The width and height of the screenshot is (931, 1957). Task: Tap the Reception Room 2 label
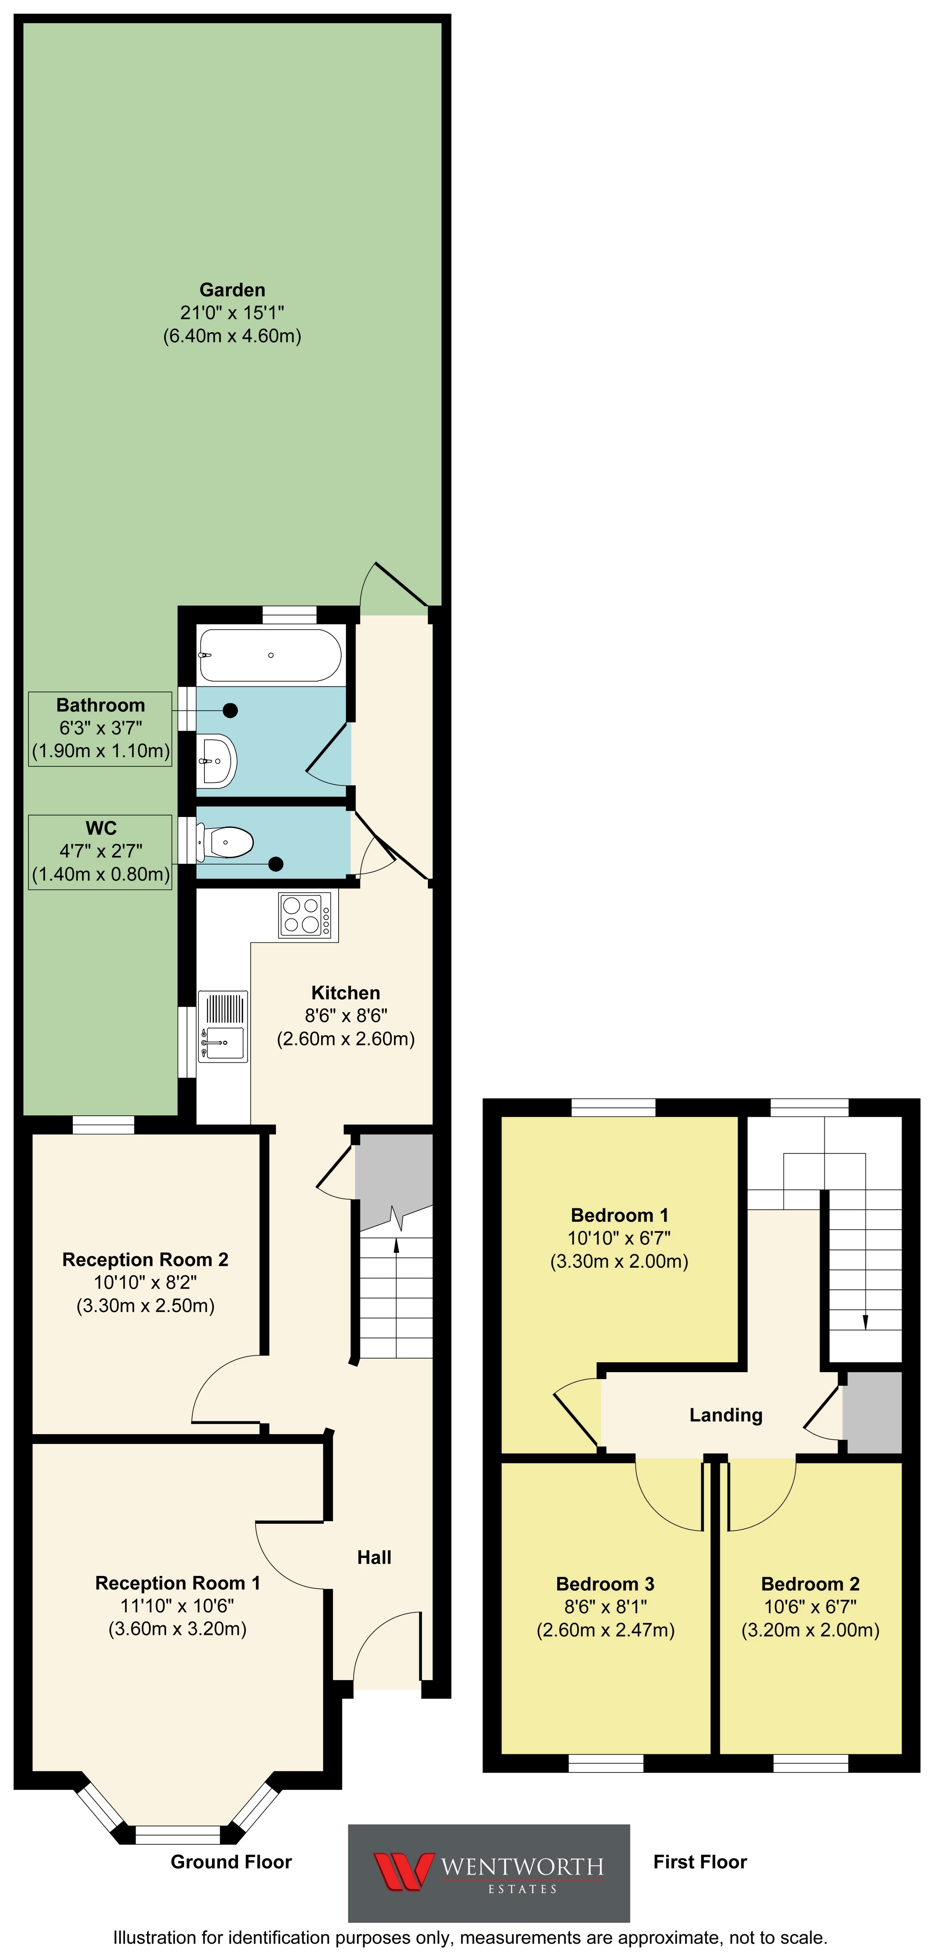coord(145,1260)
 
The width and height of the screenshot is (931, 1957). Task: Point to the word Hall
coord(374,1557)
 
